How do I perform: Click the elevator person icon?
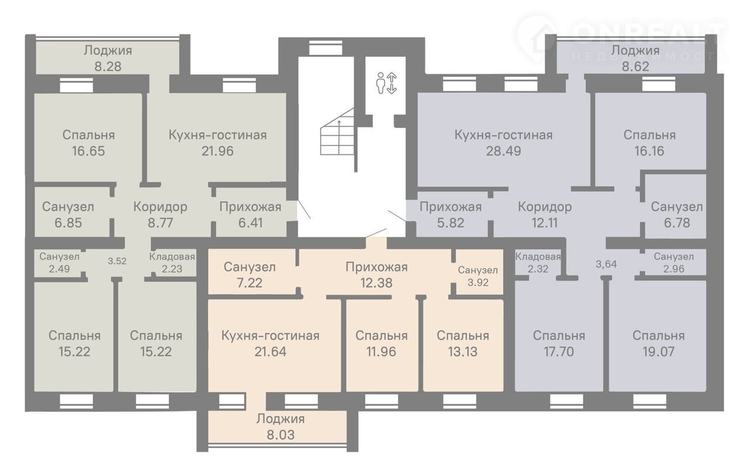tap(380, 83)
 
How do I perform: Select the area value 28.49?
tap(503, 151)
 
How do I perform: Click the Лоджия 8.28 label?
tap(108, 58)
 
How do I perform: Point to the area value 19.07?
tap(658, 351)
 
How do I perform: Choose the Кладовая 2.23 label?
tap(172, 262)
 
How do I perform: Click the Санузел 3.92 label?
tap(478, 276)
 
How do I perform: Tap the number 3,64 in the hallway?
tap(606, 264)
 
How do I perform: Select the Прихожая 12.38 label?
tap(376, 275)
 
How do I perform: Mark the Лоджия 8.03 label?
tap(280, 427)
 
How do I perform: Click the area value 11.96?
tap(381, 351)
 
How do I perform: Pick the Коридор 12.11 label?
tap(545, 215)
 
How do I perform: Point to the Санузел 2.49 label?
tap(59, 262)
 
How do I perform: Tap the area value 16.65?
tap(88, 151)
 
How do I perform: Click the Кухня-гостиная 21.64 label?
tap(270, 344)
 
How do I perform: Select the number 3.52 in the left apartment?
tap(117, 261)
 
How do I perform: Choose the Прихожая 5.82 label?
tap(451, 215)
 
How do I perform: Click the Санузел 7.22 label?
tap(249, 275)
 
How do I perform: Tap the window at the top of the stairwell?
tap(325, 48)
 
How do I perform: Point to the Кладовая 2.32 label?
tap(538, 262)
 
